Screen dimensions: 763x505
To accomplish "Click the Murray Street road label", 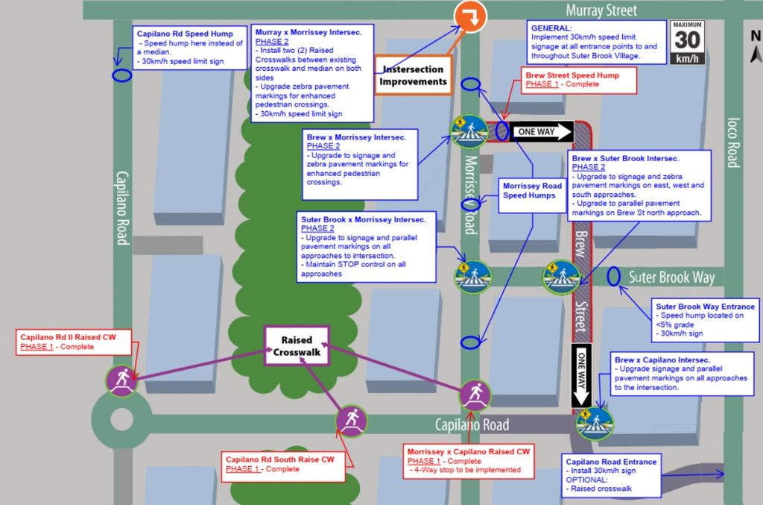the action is click(601, 10).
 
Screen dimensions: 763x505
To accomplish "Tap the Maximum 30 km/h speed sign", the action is click(687, 43).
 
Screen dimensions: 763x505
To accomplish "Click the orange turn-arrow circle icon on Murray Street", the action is click(470, 16).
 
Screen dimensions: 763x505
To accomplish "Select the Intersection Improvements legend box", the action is click(413, 75).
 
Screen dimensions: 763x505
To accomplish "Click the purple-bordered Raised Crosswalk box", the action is click(297, 346).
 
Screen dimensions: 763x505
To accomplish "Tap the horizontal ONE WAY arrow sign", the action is click(542, 131).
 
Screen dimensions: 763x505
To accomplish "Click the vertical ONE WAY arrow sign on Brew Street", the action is click(581, 376).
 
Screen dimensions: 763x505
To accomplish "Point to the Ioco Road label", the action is click(733, 142).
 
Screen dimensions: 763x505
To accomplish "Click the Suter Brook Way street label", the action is click(671, 277).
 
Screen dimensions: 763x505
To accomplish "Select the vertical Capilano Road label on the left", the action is click(122, 208).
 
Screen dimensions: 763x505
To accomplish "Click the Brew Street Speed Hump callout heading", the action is click(572, 75).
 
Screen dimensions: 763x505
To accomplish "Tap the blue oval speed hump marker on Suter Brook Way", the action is click(613, 277).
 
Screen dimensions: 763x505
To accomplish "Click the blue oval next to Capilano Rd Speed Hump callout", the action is click(121, 75).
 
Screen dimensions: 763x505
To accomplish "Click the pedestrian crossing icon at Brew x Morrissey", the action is click(469, 131).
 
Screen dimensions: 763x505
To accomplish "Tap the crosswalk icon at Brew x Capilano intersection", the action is click(595, 424).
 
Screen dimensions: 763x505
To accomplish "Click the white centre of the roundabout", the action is click(121, 419).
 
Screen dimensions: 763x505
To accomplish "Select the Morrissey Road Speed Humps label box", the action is click(532, 195).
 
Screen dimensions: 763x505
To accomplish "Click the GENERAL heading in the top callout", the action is click(551, 28).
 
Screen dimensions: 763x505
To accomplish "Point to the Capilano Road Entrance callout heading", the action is click(611, 462).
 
